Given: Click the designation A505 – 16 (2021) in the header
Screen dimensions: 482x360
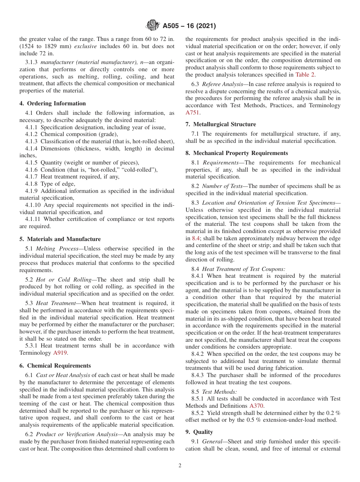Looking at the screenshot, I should [x=189, y=26].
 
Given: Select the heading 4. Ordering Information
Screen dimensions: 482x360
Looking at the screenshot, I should [x=53, y=103].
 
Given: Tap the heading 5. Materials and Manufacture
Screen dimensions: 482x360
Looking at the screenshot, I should [x=60, y=239].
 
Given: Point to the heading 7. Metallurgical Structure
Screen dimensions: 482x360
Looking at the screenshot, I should [x=221, y=124].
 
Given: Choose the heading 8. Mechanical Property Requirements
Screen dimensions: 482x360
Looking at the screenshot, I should [x=236, y=153].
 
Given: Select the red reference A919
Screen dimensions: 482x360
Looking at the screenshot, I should [x=60, y=353].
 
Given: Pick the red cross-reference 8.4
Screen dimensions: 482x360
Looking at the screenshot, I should [x=196, y=238].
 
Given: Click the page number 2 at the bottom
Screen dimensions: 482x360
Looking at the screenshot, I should [x=180, y=466].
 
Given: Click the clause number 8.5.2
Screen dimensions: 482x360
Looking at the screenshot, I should [x=198, y=413].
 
